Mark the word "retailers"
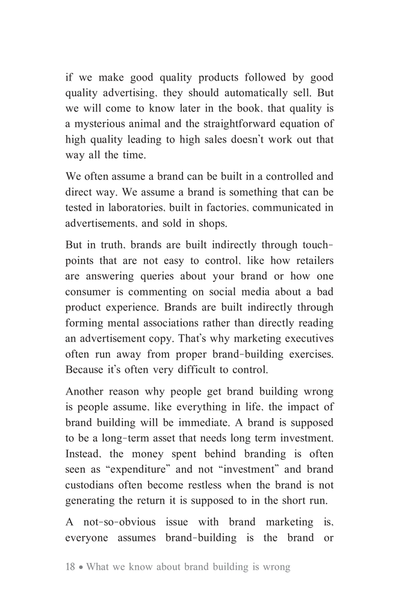coord(309,261)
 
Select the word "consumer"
coord(90,292)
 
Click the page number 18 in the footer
coord(70,567)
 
